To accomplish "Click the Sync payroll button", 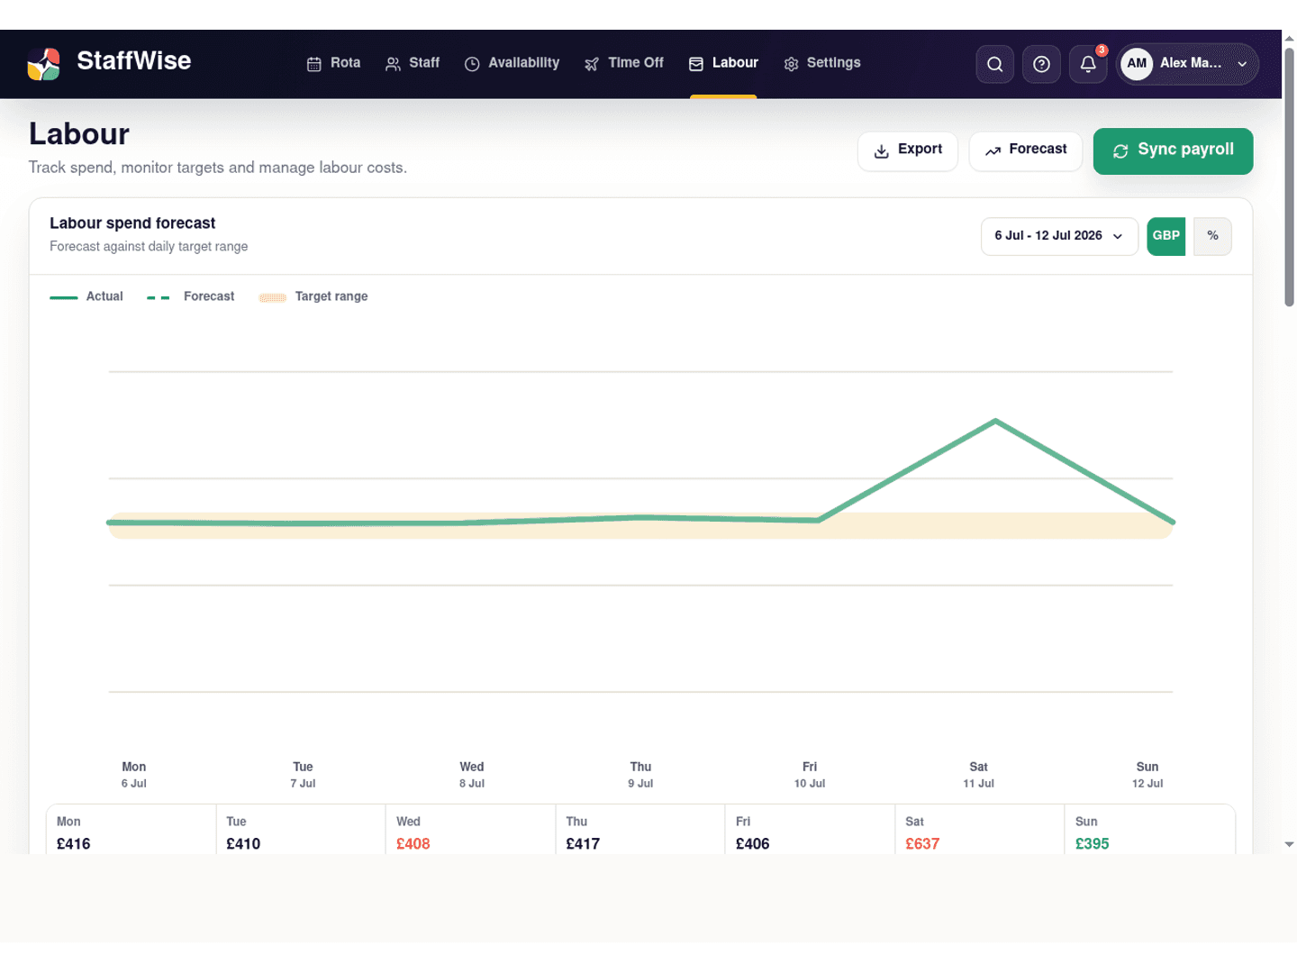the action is pyautogui.click(x=1173, y=151).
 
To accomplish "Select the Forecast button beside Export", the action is pyautogui.click(x=1025, y=151).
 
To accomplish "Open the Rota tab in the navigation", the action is pyautogui.click(x=333, y=63).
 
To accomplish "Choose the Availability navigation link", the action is pyautogui.click(x=512, y=63).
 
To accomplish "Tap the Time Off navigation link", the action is pyautogui.click(x=624, y=63).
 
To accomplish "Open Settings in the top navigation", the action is pyautogui.click(x=822, y=63).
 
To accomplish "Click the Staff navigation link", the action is pyautogui.click(x=413, y=63).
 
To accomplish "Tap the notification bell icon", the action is pyautogui.click(x=1088, y=64).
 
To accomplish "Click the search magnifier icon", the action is pyautogui.click(x=994, y=64).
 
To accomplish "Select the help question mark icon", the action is pyautogui.click(x=1041, y=64).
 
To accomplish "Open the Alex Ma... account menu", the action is pyautogui.click(x=1187, y=64).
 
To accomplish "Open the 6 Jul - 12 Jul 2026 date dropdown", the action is pyautogui.click(x=1059, y=236).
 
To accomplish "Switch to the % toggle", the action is pyautogui.click(x=1212, y=236).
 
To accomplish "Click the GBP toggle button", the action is pyautogui.click(x=1165, y=236).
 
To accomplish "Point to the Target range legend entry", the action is pyautogui.click(x=313, y=296).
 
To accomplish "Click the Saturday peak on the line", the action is pyautogui.click(x=995, y=422).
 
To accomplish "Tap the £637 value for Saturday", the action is pyautogui.click(x=921, y=843).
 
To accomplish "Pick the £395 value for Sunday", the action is pyautogui.click(x=1092, y=843).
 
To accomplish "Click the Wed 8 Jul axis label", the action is pyautogui.click(x=472, y=775).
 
